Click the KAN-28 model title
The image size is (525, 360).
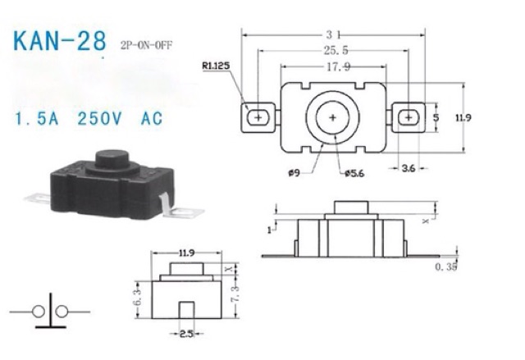[60, 41]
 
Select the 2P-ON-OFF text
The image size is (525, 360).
[146, 45]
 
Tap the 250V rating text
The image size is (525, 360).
[99, 119]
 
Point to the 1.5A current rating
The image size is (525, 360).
[37, 119]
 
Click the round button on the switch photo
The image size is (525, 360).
[112, 159]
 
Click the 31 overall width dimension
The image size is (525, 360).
[333, 34]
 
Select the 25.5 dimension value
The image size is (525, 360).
[336, 51]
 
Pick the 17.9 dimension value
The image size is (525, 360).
[338, 67]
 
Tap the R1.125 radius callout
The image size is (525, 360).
[216, 66]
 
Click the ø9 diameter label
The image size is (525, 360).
[294, 173]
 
